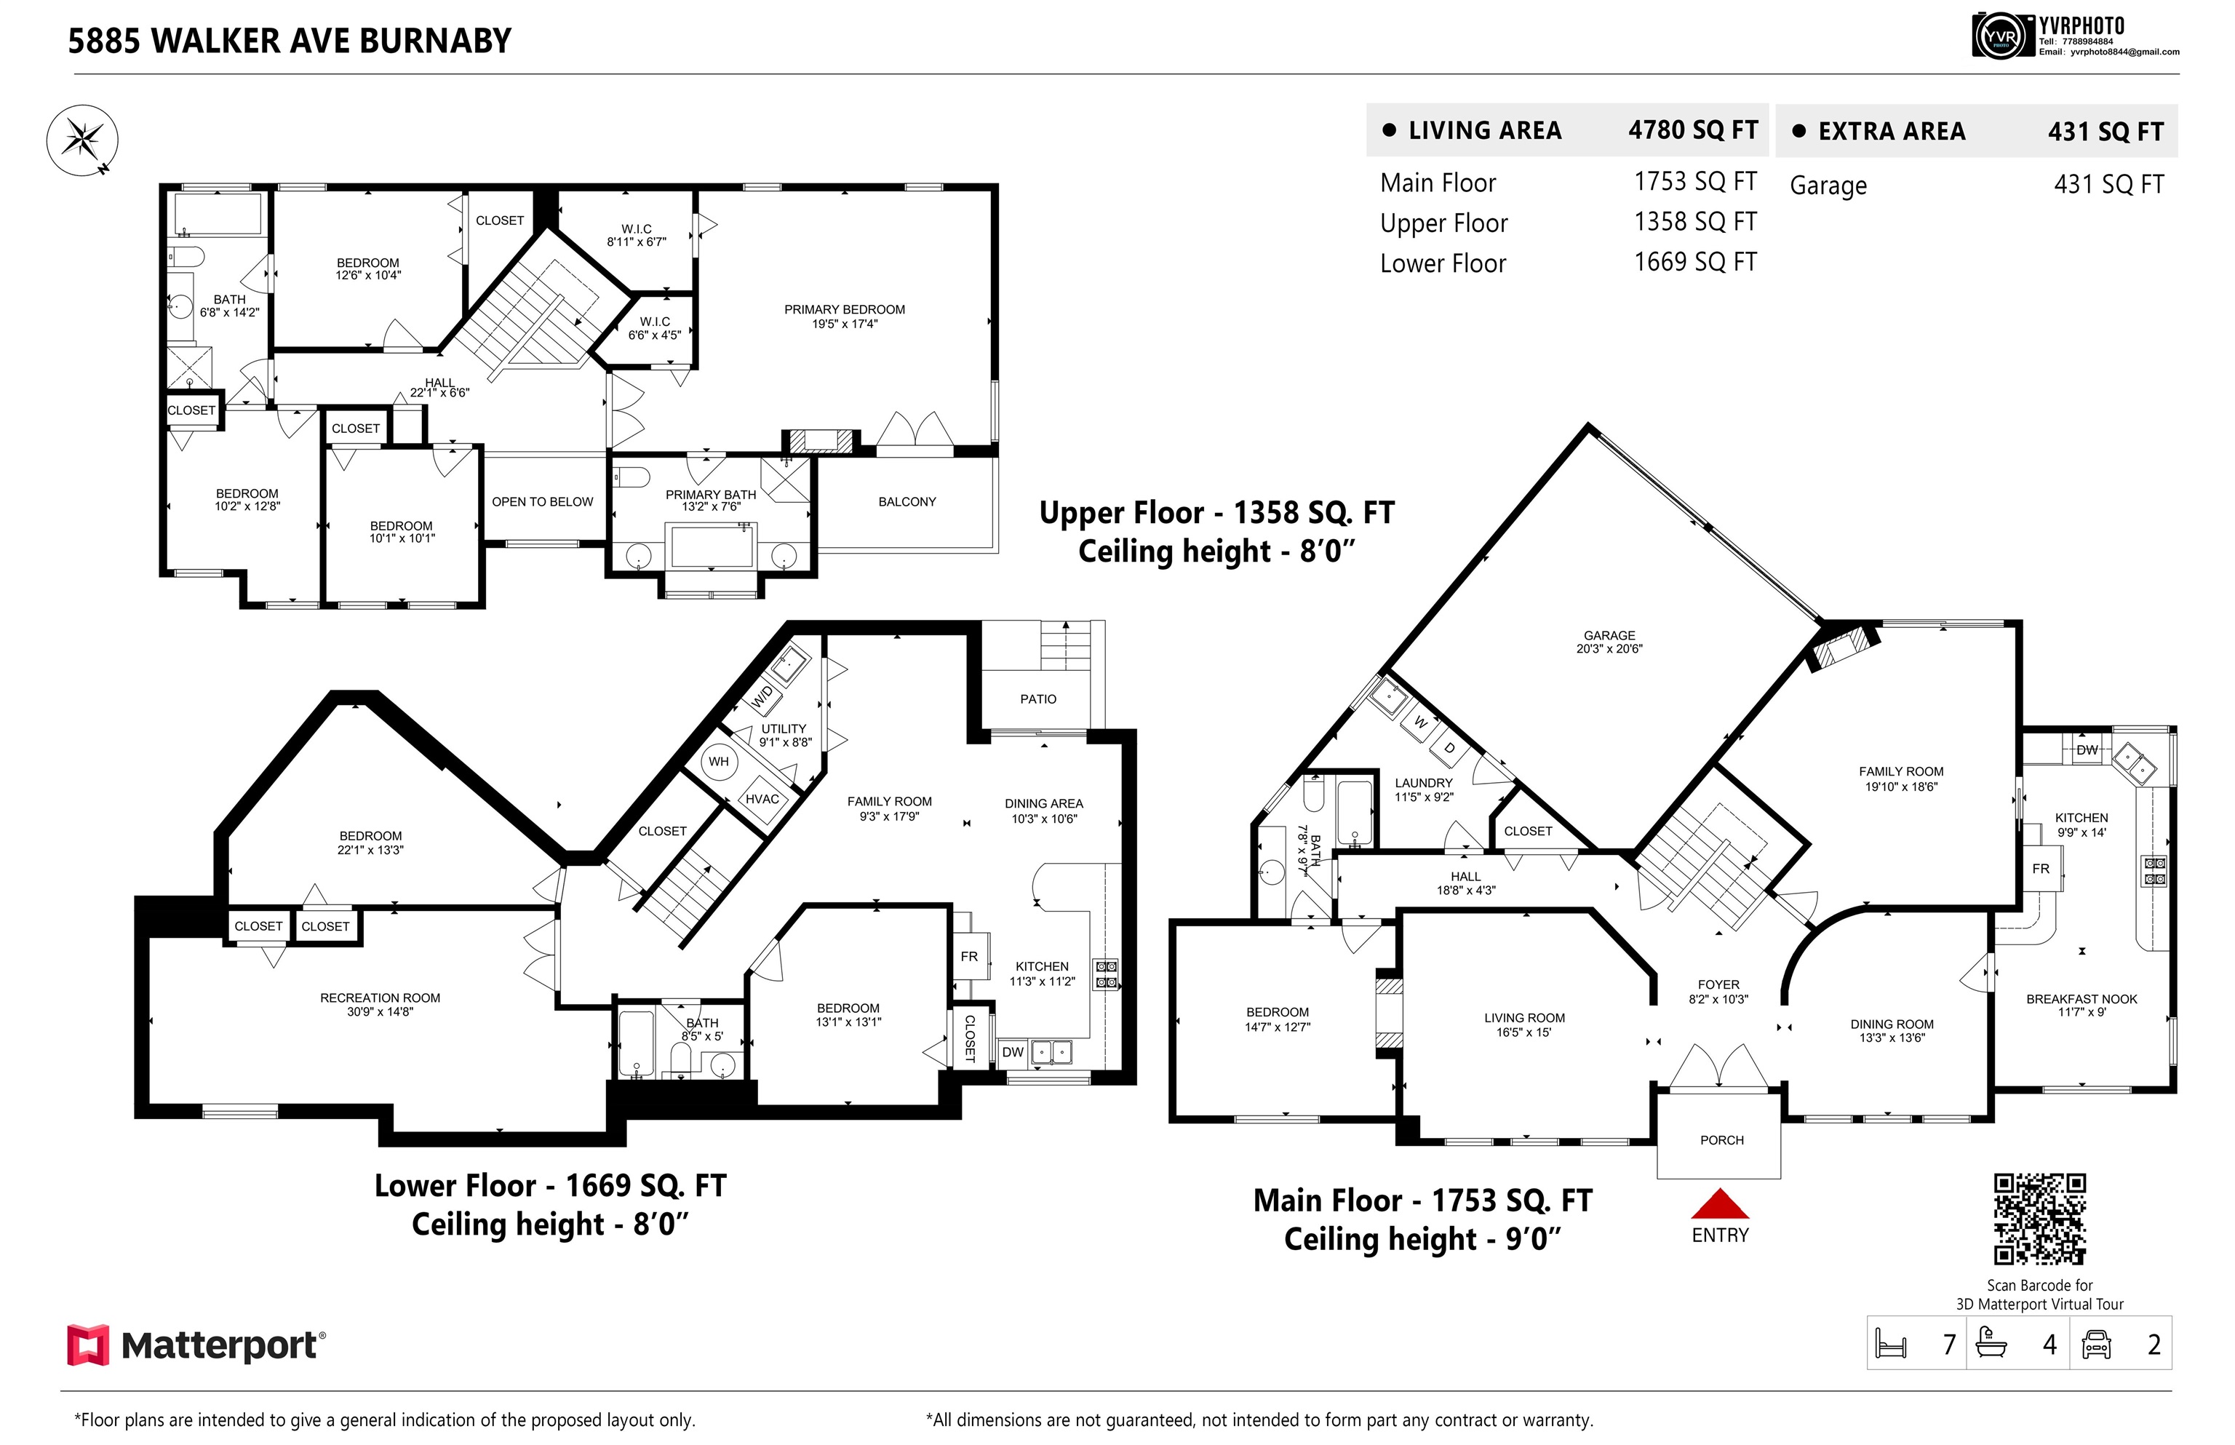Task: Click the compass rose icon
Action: tap(82, 140)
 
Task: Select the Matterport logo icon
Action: tap(88, 1345)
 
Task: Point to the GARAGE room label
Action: tap(1609, 635)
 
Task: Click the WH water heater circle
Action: tap(719, 761)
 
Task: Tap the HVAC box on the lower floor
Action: tap(762, 800)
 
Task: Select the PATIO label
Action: tap(1037, 699)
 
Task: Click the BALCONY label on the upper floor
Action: tap(907, 502)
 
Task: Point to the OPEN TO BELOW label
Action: tap(542, 502)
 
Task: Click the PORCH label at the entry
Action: tap(1722, 1140)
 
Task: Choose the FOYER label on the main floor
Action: tap(1718, 984)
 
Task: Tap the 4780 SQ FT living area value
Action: tap(1693, 130)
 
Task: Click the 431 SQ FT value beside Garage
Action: tap(2108, 185)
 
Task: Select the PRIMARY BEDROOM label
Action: tap(845, 310)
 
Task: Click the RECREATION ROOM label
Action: tap(380, 998)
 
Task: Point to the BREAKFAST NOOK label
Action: tap(2081, 999)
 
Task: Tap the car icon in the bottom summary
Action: tap(2096, 1345)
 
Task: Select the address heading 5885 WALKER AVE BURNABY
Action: tap(290, 41)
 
